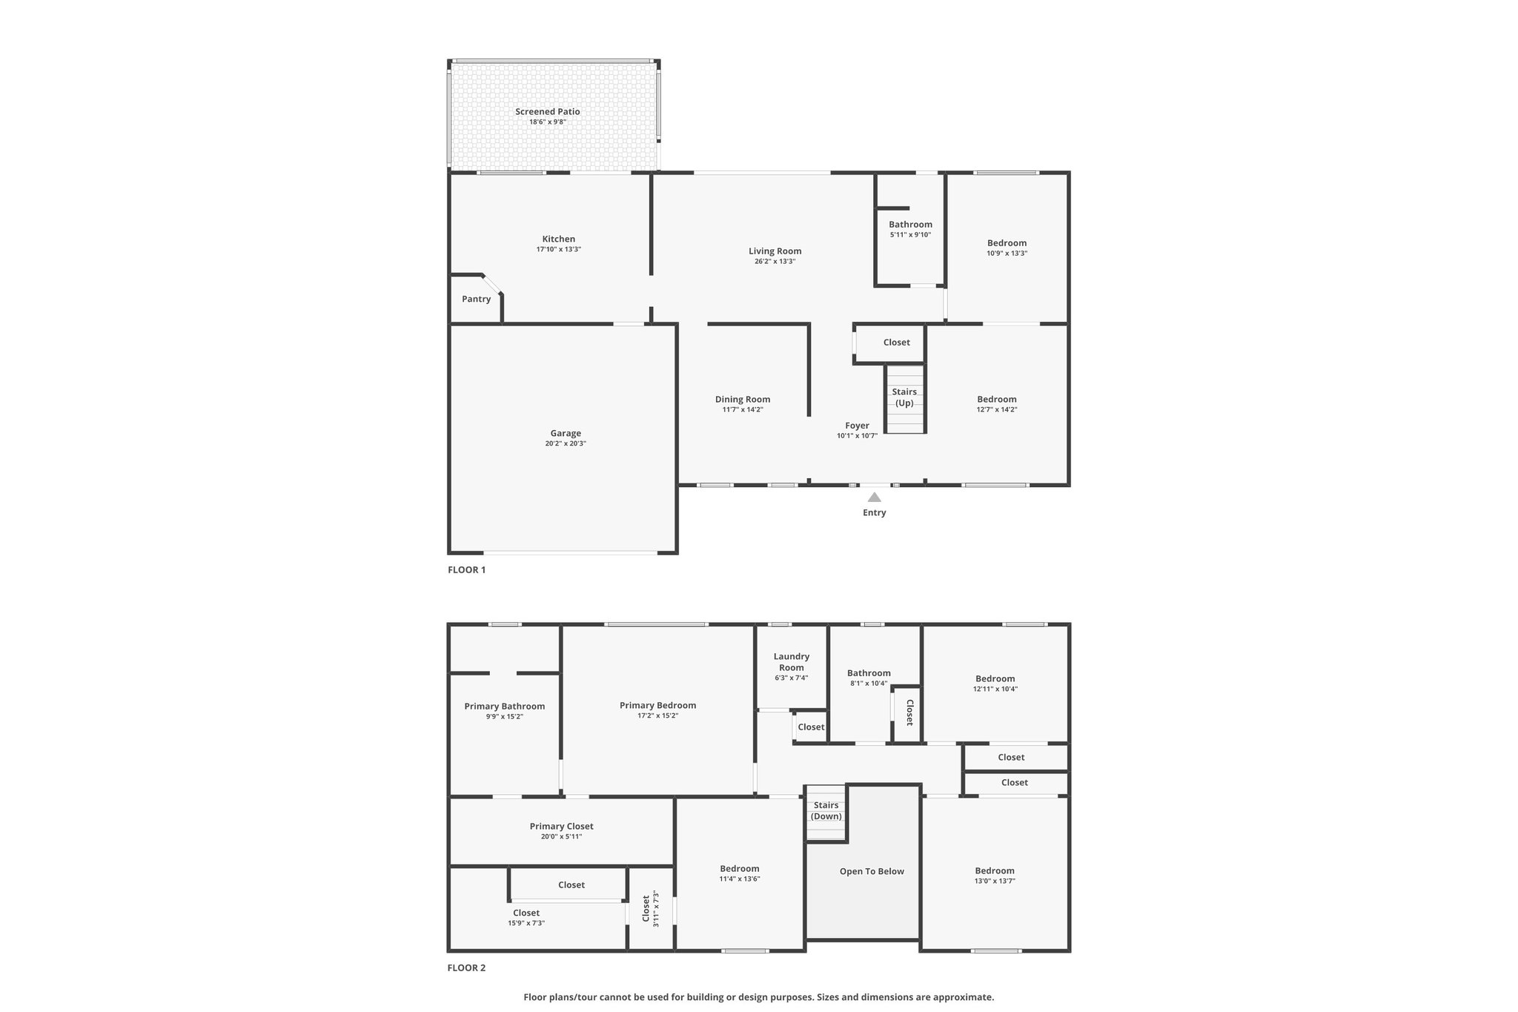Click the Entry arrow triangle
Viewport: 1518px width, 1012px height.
[x=875, y=497]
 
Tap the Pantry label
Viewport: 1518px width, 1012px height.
[x=476, y=299]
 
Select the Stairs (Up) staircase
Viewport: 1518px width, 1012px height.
[x=905, y=399]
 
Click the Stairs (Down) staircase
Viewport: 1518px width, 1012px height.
[x=826, y=813]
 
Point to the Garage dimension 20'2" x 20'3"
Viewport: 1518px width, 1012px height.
[x=566, y=443]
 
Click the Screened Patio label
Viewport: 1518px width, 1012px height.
[x=548, y=111]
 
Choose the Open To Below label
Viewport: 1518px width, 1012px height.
[x=872, y=871]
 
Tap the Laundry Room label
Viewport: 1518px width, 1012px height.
[x=792, y=662]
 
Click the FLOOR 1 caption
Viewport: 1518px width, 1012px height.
[x=466, y=569]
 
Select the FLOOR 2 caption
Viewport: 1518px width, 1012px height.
[x=466, y=968]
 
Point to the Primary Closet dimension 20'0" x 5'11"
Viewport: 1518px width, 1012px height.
[x=562, y=836]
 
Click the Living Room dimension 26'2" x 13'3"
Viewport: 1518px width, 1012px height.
[x=775, y=261]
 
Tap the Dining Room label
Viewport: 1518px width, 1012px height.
[x=743, y=399]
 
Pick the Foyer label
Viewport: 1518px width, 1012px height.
[x=857, y=426]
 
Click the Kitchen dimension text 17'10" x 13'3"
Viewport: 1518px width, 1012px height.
[x=559, y=249]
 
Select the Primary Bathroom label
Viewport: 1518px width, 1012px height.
[x=505, y=706]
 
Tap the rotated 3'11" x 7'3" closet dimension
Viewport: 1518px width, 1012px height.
[x=656, y=909]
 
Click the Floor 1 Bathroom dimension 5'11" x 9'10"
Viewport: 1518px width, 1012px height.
[x=910, y=234]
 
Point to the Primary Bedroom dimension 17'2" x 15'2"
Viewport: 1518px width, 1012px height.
[x=658, y=715]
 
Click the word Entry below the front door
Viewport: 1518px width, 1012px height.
[x=875, y=512]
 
